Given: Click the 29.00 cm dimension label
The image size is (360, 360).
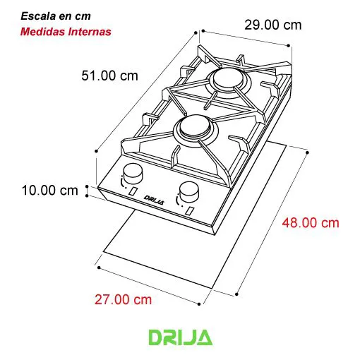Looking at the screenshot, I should pyautogui.click(x=272, y=25).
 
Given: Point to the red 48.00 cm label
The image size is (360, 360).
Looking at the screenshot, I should pyautogui.click(x=311, y=223).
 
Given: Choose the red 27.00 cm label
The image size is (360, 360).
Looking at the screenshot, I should pyautogui.click(x=124, y=299).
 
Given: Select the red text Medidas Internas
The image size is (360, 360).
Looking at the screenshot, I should pyautogui.click(x=66, y=32).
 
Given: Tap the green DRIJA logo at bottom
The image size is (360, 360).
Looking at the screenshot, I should pyautogui.click(x=180, y=337).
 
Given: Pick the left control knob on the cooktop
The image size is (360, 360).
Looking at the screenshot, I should pyautogui.click(x=132, y=174).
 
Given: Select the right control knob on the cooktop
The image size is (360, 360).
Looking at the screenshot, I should pyautogui.click(x=188, y=191).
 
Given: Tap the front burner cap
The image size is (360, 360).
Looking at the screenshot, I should pyautogui.click(x=190, y=126).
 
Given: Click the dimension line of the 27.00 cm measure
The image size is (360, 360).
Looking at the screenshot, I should pyautogui.click(x=150, y=285).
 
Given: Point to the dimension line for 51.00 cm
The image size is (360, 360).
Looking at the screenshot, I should pyautogui.click(x=145, y=90).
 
